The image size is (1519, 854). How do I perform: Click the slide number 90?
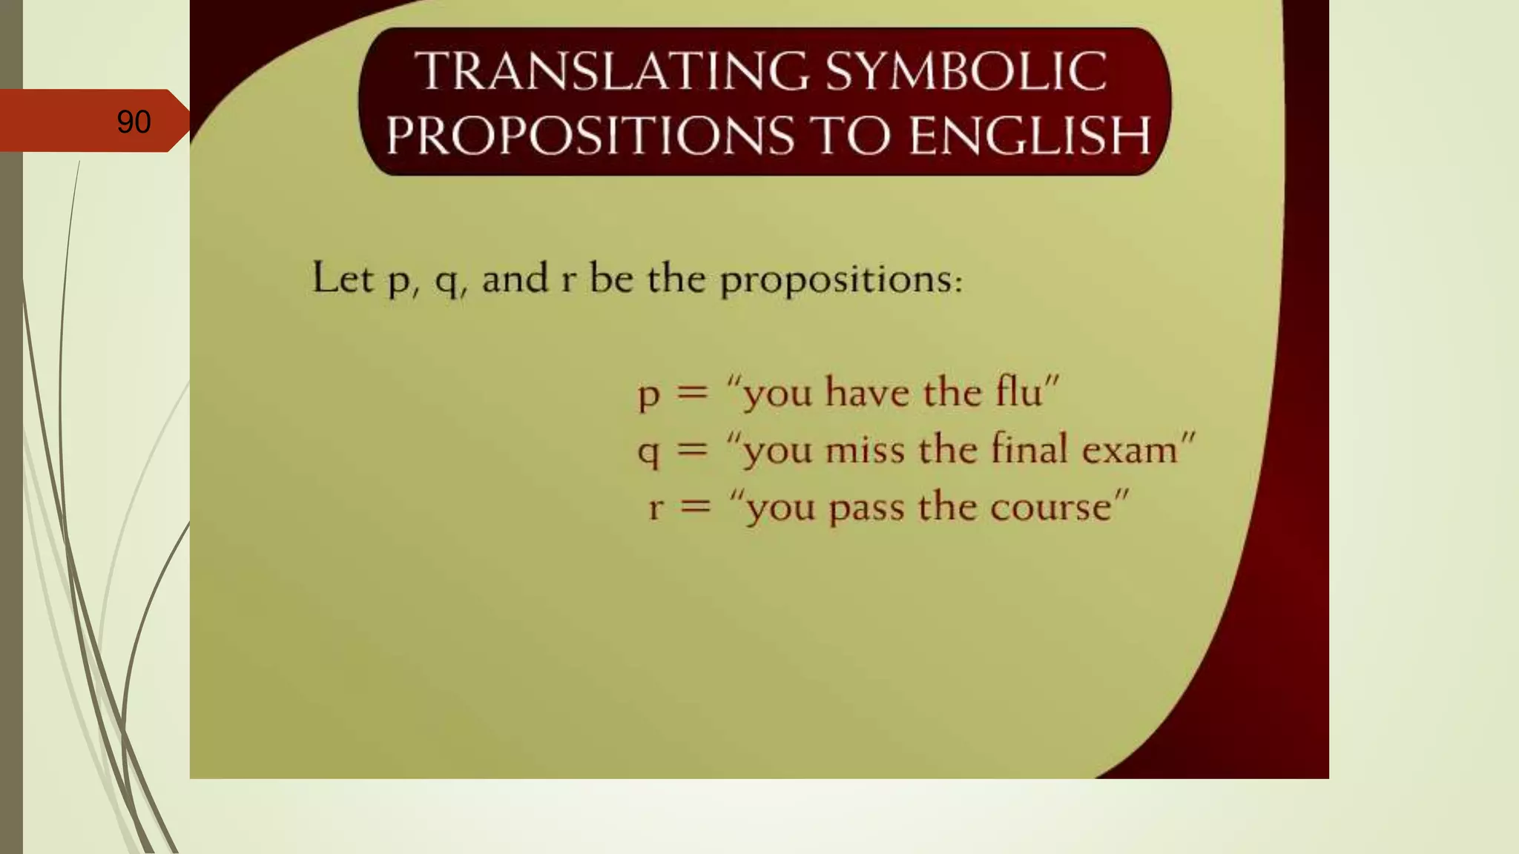[x=134, y=122]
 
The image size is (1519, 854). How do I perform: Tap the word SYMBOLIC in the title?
[x=966, y=71]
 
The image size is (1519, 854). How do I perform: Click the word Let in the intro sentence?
[x=342, y=278]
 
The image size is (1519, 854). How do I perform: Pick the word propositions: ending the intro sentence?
[x=841, y=280]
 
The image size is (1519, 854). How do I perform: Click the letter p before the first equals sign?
[x=648, y=394]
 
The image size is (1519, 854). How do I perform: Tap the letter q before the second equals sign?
[x=648, y=451]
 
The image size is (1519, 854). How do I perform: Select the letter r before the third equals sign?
[x=655, y=508]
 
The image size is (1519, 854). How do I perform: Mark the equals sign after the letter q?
[x=693, y=449]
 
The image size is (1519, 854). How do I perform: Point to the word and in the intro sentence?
[x=515, y=279]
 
